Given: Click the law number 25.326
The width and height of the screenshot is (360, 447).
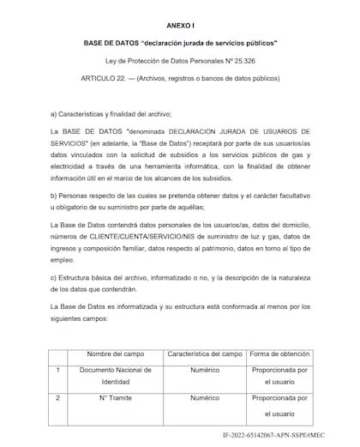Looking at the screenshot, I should coord(251,63).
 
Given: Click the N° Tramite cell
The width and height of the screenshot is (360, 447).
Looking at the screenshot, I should coord(114,399).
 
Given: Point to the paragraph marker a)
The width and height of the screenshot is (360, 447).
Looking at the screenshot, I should coord(54,114).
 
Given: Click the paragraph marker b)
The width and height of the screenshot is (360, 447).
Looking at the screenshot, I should coord(54,194).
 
